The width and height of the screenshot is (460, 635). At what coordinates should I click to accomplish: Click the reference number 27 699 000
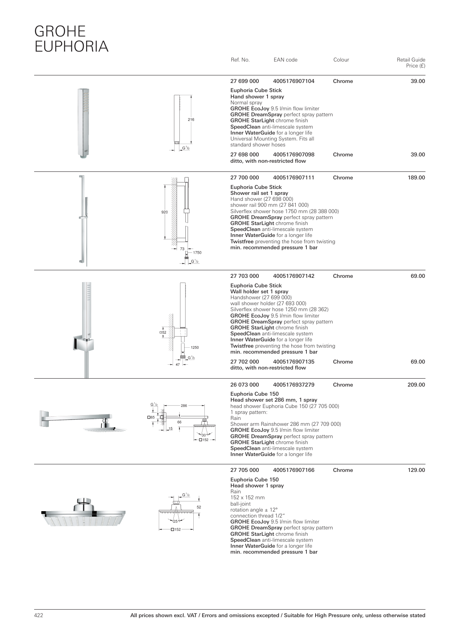click(244, 81)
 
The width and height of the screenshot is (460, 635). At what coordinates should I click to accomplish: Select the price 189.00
click(416, 178)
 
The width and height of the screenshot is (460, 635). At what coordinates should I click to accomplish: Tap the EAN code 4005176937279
click(294, 385)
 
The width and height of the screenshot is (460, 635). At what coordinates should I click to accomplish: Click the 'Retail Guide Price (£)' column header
click(411, 63)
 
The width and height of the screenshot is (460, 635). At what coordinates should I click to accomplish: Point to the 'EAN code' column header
click(285, 60)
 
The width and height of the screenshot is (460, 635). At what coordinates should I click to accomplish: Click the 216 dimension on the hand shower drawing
click(191, 119)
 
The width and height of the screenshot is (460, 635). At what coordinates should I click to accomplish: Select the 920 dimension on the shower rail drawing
click(164, 212)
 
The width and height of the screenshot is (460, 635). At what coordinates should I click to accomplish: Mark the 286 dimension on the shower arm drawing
click(184, 406)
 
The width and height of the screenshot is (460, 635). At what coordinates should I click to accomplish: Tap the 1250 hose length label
click(194, 348)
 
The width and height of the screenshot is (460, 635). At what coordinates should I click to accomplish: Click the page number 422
click(38, 616)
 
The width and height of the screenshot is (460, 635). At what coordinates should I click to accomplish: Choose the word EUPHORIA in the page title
click(71, 46)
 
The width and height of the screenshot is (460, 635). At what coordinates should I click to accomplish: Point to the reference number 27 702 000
click(244, 362)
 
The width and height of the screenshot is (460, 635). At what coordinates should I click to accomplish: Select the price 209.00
click(416, 385)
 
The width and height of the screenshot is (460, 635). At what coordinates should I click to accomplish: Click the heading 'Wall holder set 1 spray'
click(259, 292)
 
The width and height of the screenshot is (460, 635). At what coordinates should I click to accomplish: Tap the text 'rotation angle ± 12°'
click(254, 510)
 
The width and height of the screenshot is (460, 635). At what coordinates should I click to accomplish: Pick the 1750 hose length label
click(197, 253)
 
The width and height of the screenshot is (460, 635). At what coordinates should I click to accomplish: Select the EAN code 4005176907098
click(294, 155)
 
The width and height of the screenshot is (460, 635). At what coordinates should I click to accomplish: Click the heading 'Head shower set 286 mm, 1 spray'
click(273, 400)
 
